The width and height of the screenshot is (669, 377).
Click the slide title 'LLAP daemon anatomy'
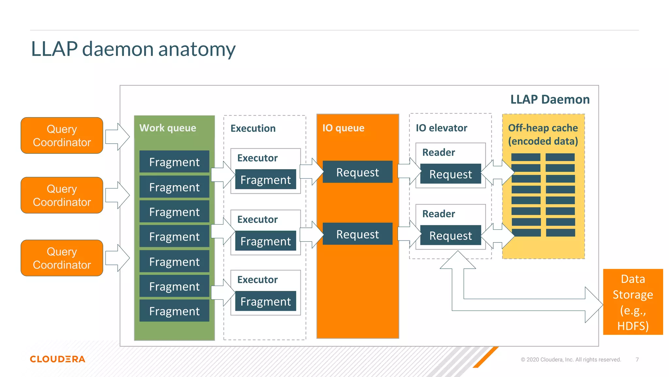[x=133, y=49]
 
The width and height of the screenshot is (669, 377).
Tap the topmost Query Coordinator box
[x=62, y=135]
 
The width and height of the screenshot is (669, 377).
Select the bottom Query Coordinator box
[x=62, y=258]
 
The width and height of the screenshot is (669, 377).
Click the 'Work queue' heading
[x=168, y=128]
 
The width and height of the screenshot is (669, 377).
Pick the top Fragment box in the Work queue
[x=174, y=162]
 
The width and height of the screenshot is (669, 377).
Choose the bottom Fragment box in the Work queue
[x=174, y=311]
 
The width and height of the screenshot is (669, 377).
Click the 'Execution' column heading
[x=253, y=128]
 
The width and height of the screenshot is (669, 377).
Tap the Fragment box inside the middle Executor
[x=265, y=241]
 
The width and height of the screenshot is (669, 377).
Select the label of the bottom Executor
[x=257, y=279]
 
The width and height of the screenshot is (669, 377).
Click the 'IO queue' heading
[x=343, y=128]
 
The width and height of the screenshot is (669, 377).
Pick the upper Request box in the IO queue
[x=357, y=172]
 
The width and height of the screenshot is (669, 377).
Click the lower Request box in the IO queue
[x=357, y=234]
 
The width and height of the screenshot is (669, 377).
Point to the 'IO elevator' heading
[x=441, y=128]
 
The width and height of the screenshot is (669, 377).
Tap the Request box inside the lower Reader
[x=450, y=235]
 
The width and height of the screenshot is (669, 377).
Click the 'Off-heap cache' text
[x=543, y=128]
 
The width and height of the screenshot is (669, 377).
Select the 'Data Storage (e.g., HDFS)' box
[x=633, y=302]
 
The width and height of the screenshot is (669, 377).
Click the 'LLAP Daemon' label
[x=550, y=99]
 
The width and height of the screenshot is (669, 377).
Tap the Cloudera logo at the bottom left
[x=57, y=359]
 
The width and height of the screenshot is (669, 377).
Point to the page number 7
[x=637, y=360]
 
